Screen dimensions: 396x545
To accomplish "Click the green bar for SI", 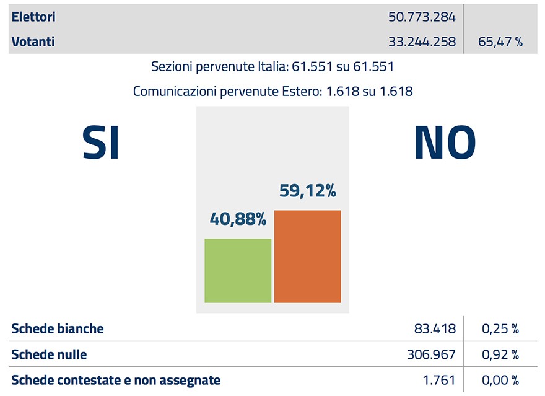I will tap(238, 270).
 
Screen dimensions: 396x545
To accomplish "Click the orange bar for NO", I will tap(307, 257).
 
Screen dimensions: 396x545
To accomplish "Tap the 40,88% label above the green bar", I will tap(238, 219).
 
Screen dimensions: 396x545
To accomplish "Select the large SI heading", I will tap(101, 143).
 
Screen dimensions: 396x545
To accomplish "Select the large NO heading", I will tap(445, 143).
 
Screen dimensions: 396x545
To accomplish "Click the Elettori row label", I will tap(33, 17).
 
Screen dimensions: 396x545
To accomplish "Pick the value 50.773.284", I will tap(422, 17).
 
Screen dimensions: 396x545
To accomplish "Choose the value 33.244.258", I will tap(422, 42).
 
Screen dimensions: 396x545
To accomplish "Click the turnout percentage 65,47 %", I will tap(500, 42).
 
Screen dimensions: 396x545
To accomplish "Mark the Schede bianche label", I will tap(58, 328).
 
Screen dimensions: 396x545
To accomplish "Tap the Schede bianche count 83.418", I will tap(435, 328).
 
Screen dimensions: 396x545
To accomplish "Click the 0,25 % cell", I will tap(500, 328).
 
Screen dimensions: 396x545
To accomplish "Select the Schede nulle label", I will tap(49, 354).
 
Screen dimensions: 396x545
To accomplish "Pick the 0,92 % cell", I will tap(500, 354).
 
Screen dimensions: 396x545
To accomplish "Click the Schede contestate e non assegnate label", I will tap(116, 380).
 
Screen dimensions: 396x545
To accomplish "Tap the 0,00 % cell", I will tap(500, 380).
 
